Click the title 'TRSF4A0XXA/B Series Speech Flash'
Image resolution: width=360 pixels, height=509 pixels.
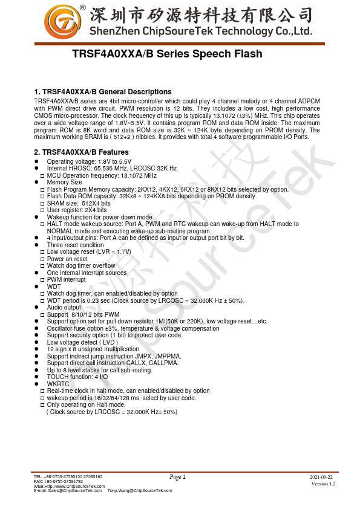pos(167,54)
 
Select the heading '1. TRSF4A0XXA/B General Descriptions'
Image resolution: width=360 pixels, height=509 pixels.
pos(103,92)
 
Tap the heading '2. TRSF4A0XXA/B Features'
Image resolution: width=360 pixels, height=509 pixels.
pos(82,152)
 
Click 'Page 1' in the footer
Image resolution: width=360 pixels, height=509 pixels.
pos(178,478)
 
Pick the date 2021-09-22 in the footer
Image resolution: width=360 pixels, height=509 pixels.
pos(321,478)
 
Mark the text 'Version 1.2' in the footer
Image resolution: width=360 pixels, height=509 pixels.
pos(323,484)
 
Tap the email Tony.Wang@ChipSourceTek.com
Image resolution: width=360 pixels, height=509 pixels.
pos(140,491)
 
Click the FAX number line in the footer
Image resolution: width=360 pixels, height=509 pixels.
pos(58,482)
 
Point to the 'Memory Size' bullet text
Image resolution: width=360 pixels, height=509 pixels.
pos(65,182)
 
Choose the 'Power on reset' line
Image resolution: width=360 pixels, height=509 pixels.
pos(67,259)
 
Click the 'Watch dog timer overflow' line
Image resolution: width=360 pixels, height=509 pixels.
pos(81,266)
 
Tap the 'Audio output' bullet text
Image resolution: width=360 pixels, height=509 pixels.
pos(64,308)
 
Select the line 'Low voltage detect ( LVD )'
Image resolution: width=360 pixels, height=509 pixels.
pos(87,342)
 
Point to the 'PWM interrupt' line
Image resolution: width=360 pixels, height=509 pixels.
pos(67,280)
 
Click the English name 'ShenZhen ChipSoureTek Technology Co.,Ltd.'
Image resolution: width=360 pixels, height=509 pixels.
pos(201,32)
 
